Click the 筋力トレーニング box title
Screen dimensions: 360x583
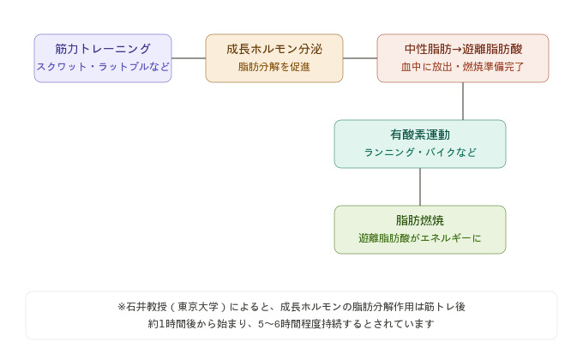103,50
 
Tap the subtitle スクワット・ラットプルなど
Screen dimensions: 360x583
103,67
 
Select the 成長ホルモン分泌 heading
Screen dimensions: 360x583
274,50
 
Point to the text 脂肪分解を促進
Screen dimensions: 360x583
274,67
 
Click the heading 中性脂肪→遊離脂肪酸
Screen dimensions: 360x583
463,50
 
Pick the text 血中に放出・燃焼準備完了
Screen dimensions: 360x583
463,67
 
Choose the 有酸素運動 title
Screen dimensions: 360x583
420,135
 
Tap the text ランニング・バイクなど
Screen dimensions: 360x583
420,153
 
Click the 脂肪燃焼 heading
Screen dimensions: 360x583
420,220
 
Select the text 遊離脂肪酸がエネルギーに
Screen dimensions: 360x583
420,238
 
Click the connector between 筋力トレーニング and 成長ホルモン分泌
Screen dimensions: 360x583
189,58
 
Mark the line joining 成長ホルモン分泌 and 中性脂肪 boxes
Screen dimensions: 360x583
360,58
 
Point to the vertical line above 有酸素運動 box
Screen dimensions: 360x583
463,101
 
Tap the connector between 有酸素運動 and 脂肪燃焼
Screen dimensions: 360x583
420,187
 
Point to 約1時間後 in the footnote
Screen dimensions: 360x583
168,325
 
